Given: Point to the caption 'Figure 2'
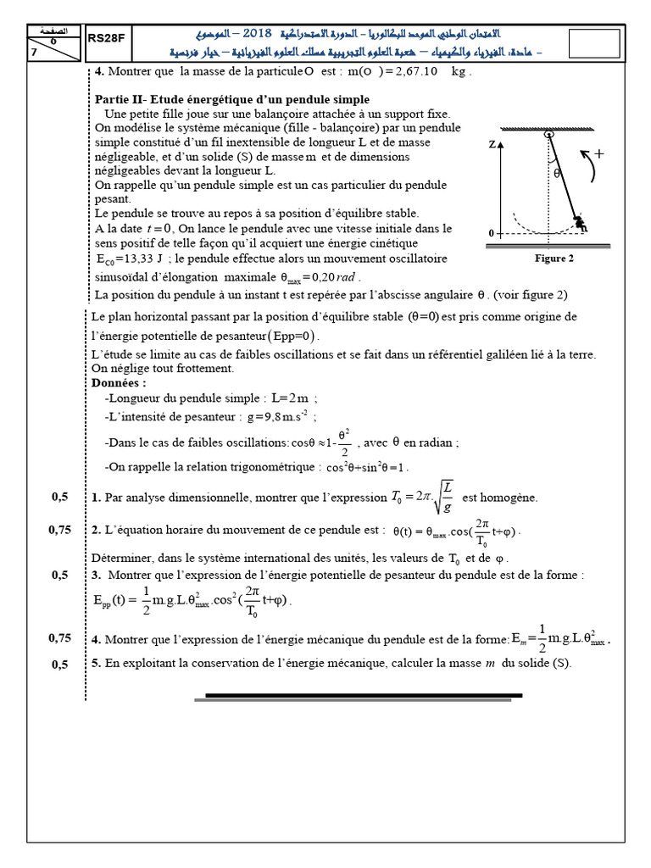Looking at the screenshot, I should click(555, 259).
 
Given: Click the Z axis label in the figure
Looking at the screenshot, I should click(492, 145).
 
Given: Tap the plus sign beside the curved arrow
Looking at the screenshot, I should click(600, 154).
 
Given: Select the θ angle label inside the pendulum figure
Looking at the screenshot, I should click(557, 172).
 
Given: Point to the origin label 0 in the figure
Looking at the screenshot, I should click(492, 232).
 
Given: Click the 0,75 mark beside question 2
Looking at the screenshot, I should click(59, 531).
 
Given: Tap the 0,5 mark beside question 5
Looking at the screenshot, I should click(59, 664).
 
